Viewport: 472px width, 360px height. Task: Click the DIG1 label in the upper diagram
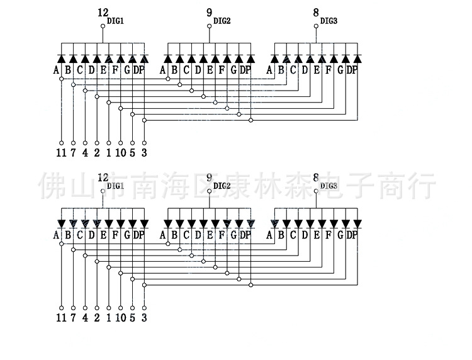pos(115,21)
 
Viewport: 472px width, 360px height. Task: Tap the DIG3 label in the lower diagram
pos(329,186)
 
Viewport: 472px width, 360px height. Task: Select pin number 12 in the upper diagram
pos(103,13)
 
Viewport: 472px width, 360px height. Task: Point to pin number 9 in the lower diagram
pos(209,177)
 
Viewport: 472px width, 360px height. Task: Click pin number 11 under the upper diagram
pos(61,152)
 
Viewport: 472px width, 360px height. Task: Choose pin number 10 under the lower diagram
pos(121,318)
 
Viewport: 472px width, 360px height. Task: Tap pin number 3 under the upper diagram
pos(144,152)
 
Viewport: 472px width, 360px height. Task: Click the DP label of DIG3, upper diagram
pos(352,70)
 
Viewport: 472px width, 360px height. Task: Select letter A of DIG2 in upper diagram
pos(162,70)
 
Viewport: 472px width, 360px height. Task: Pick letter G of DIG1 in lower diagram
pos(127,235)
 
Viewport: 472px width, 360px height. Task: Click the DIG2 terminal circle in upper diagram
pos(209,26)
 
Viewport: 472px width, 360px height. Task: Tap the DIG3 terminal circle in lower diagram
pos(316,191)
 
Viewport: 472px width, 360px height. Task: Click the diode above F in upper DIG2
pos(227,59)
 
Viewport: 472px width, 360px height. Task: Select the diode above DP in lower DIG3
pos(357,224)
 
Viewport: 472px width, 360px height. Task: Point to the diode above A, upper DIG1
pos(62,59)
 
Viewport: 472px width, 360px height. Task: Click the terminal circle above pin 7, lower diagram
pos(73,308)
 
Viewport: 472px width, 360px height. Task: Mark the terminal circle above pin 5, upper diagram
pos(132,143)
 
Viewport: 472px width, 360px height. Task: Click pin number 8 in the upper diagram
pos(316,13)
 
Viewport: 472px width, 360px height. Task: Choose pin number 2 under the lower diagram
pos(97,318)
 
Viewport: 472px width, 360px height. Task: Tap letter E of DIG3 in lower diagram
pos(317,235)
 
